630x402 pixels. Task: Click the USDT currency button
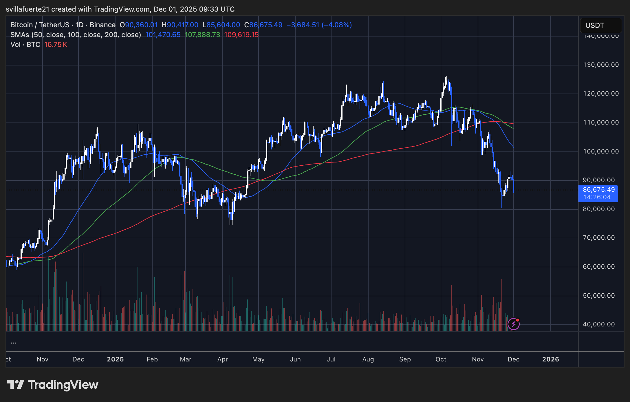[600, 25]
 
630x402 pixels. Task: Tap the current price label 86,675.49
[598, 190]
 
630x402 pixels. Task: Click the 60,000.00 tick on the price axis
[599, 267]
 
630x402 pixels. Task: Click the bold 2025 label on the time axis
[115, 359]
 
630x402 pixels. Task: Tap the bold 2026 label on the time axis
[550, 359]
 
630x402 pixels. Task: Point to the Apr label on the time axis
[222, 359]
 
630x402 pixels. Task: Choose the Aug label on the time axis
[368, 359]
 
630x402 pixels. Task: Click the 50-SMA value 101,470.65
[163, 35]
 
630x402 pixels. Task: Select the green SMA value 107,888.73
[202, 35]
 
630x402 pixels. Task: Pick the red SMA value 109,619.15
[241, 35]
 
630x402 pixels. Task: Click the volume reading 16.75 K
[56, 45]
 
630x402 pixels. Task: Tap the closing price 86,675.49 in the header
[265, 25]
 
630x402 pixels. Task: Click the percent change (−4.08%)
[337, 25]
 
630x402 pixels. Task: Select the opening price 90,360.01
[141, 25]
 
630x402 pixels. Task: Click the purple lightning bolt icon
[513, 324]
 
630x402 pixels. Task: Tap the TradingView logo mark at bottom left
[15, 385]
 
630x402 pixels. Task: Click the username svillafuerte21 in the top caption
[28, 9]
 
